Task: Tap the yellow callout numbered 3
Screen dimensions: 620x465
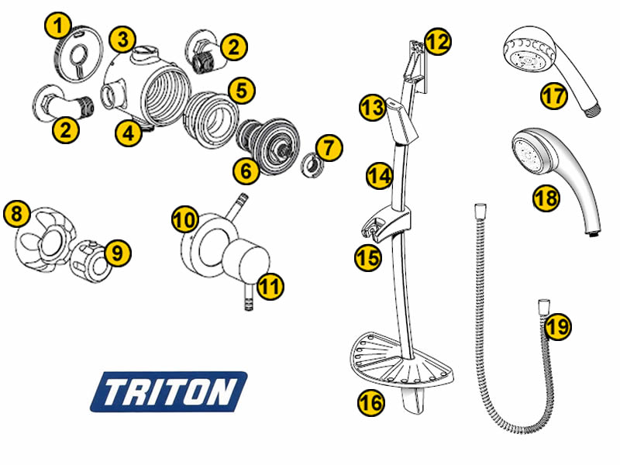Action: point(122,40)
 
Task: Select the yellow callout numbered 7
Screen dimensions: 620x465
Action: point(329,148)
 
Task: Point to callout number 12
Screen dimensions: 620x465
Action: point(438,42)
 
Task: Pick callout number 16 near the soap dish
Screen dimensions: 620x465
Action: point(371,402)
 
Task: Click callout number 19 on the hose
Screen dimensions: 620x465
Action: point(558,326)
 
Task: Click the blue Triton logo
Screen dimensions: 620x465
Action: point(169,392)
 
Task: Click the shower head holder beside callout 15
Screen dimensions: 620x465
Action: point(385,226)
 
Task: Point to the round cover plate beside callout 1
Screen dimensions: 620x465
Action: point(77,54)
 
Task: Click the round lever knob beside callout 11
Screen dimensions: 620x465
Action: point(246,262)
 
